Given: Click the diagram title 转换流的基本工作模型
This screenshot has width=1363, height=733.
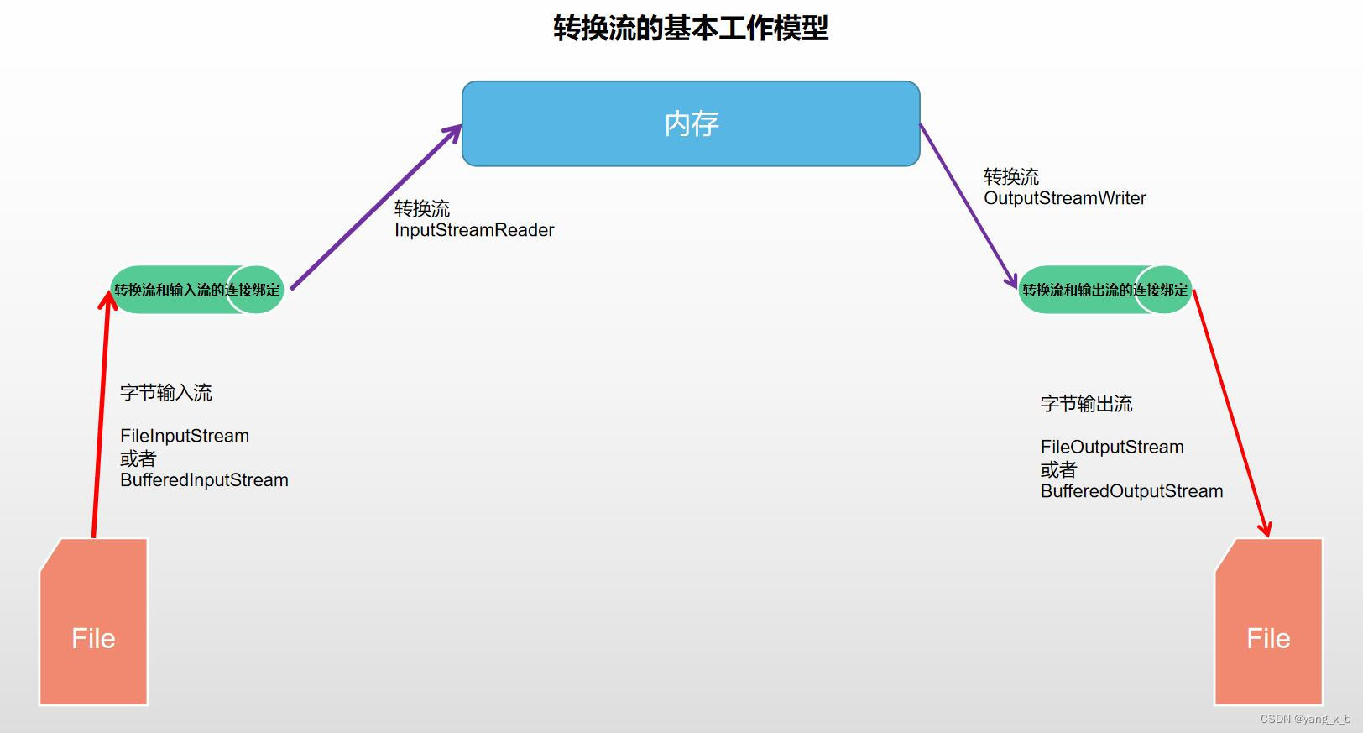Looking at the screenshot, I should coord(690,29).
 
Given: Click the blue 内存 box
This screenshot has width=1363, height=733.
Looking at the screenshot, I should coord(691,123).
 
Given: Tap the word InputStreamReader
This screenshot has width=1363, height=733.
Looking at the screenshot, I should coord(474,230).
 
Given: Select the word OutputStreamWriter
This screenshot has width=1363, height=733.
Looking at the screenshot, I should coord(1064,198).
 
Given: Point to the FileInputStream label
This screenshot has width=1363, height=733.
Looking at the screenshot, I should coord(185,436).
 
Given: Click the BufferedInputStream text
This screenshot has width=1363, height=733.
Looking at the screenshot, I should coord(204,480).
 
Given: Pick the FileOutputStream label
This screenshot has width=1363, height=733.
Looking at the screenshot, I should coord(1112,447).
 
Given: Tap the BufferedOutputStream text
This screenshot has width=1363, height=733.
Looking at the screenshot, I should coord(1131,491).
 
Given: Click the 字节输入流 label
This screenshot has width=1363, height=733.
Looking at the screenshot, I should coord(166,392).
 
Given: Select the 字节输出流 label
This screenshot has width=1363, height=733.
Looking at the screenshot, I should coord(1086,404).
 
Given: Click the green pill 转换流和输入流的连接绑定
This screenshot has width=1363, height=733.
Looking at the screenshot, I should coord(197,290).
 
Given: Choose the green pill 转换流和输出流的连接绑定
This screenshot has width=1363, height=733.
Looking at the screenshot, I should coord(1104,290).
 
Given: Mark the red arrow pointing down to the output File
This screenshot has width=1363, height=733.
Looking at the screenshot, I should coord(1230,411).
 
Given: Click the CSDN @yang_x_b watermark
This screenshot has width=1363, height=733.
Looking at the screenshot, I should coord(1305,719).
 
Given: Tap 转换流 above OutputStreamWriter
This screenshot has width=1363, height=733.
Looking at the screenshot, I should coord(1010,177).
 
